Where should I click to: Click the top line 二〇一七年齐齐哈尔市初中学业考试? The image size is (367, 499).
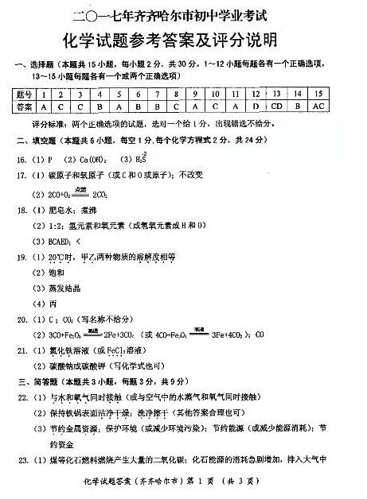click(x=182, y=14)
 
